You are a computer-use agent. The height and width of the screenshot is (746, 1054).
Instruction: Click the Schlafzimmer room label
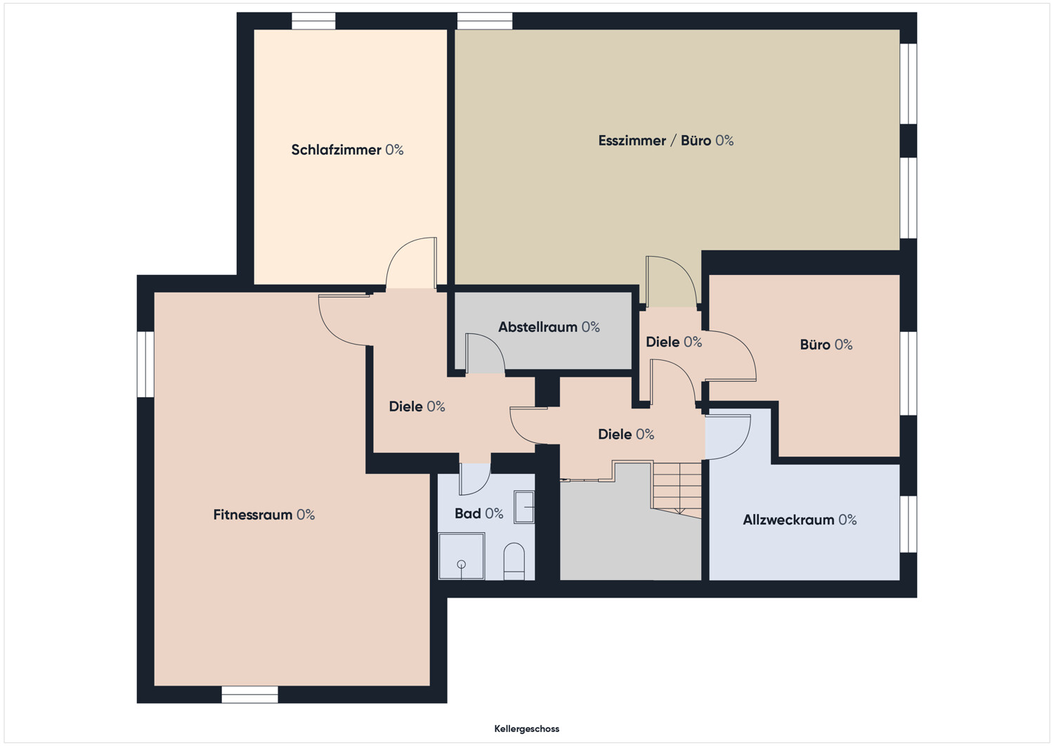click(x=347, y=150)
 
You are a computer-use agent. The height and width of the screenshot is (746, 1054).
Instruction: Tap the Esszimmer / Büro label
click(x=666, y=141)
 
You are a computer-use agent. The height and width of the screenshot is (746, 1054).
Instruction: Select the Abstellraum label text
click(x=549, y=327)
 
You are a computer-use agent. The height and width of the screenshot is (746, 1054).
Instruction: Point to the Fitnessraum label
click(x=264, y=514)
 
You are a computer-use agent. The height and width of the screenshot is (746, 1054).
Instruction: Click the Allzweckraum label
click(x=800, y=520)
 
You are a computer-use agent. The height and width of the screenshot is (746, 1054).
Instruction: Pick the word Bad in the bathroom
click(x=468, y=513)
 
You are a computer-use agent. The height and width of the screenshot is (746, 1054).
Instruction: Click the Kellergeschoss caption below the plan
click(x=526, y=729)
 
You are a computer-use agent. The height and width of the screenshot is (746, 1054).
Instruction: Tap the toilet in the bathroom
click(x=514, y=561)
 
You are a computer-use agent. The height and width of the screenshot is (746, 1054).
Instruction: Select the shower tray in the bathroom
click(x=461, y=556)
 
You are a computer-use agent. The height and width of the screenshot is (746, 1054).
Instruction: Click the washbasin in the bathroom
click(x=524, y=507)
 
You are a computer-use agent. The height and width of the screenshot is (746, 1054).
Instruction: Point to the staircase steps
click(x=677, y=489)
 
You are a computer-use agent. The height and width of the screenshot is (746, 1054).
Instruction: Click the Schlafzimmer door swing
click(x=411, y=263)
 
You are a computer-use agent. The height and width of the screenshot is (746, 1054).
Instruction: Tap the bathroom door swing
click(x=475, y=479)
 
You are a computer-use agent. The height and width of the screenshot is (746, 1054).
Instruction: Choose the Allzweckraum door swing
click(x=727, y=437)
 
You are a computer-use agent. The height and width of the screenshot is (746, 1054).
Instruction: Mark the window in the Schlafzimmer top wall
click(x=313, y=21)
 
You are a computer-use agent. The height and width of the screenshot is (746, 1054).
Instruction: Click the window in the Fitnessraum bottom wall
click(x=250, y=695)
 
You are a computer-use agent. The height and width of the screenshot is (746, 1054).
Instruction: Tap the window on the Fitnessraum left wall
click(x=146, y=364)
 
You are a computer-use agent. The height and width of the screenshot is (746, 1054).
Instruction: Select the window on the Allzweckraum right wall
click(x=909, y=524)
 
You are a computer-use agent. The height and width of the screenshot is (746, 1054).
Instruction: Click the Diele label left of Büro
click(x=674, y=342)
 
